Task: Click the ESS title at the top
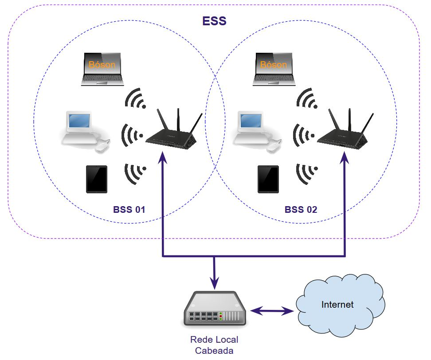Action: pyautogui.click(x=214, y=21)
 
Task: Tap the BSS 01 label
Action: pyautogui.click(x=129, y=209)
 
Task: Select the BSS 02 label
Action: pyautogui.click(x=301, y=209)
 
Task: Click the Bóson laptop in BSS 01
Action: pyautogui.click(x=102, y=69)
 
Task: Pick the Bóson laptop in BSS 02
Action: pyautogui.click(x=274, y=69)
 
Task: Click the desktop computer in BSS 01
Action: pyautogui.click(x=84, y=131)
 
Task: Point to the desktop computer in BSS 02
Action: pyautogui.click(x=256, y=131)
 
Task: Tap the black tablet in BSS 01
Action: pyautogui.click(x=97, y=179)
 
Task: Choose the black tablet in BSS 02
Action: pyautogui.click(x=268, y=179)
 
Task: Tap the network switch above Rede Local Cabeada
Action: pyautogui.click(x=214, y=309)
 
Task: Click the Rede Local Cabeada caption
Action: pyautogui.click(x=214, y=345)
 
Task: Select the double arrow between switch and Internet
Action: pyautogui.click(x=272, y=310)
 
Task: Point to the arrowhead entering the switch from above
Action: pyautogui.click(x=215, y=282)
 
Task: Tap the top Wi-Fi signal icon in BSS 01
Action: pyautogui.click(x=135, y=98)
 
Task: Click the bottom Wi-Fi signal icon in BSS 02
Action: pyautogui.click(x=307, y=174)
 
